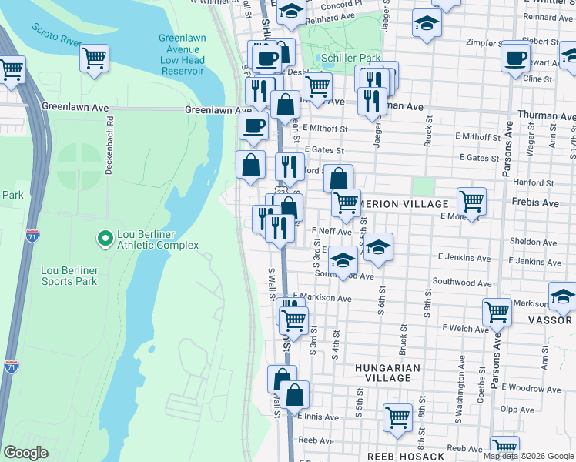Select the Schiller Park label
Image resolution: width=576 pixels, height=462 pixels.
(350, 58)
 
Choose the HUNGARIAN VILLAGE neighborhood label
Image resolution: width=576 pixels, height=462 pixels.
(387, 373)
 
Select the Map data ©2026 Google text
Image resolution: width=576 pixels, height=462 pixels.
(528, 456)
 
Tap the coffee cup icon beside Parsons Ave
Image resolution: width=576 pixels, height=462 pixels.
(515, 57)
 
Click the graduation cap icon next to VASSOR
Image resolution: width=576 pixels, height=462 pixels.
(562, 296)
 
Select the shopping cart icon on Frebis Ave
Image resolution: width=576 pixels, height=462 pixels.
(471, 202)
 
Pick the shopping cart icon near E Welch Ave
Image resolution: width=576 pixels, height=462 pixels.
(497, 313)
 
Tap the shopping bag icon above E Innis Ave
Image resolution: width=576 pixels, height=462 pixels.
(294, 395)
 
